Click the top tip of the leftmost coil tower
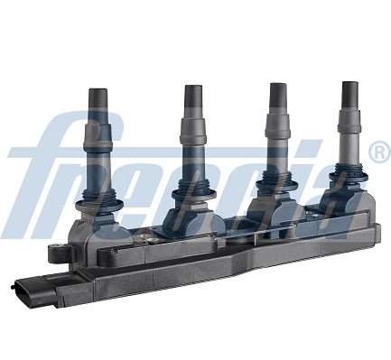tap(98, 94)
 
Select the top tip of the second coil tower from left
tap(193, 90)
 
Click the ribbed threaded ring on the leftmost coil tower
tap(93, 193)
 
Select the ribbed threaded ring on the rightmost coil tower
tap(347, 178)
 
